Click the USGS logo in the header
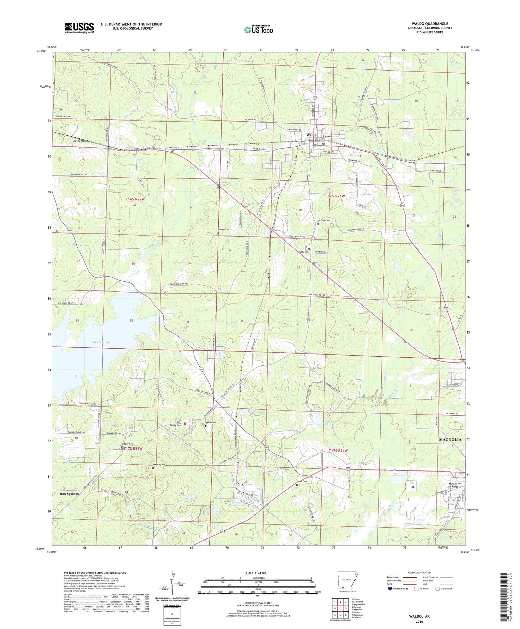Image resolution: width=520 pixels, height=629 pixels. tap(79, 28)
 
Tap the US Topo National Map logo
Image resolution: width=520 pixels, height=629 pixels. tap(258, 30)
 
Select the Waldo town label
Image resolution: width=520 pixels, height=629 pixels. tap(311, 135)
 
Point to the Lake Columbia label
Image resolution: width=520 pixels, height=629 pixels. tap(101, 342)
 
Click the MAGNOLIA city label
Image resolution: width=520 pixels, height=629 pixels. tap(450, 440)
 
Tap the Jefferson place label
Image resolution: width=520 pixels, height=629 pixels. tap(80, 141)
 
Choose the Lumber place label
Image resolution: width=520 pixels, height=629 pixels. tap(132, 148)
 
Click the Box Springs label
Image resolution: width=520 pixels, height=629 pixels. tap(69, 493)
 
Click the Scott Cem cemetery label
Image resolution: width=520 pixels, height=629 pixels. tap(302, 481)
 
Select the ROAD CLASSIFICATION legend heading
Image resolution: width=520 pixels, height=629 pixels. tap(419, 572)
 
